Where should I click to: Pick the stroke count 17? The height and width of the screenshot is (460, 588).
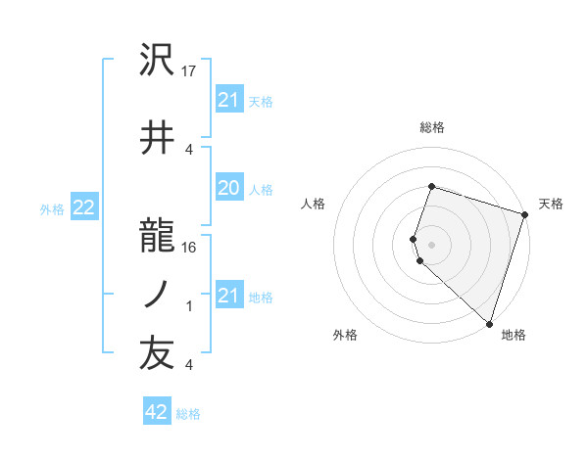click(x=190, y=71)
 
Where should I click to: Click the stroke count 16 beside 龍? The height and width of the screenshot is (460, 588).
click(x=190, y=247)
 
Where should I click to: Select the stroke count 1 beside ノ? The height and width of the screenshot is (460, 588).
click(x=189, y=306)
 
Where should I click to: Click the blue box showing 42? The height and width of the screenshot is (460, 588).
click(x=157, y=412)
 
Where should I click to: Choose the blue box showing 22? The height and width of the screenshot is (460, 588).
click(x=84, y=207)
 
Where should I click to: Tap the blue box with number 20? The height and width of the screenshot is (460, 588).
click(x=229, y=189)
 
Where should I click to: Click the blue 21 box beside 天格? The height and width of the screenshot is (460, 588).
click(x=229, y=100)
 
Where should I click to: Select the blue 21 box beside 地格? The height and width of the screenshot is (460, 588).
click(x=229, y=296)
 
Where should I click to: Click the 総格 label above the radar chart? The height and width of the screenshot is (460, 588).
click(x=432, y=127)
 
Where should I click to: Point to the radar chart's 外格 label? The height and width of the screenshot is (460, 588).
click(x=345, y=336)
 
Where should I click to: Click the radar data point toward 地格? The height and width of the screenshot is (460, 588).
click(x=489, y=323)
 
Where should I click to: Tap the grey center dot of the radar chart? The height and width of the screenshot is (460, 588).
click(x=432, y=244)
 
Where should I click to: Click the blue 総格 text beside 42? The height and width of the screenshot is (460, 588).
click(x=188, y=414)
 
